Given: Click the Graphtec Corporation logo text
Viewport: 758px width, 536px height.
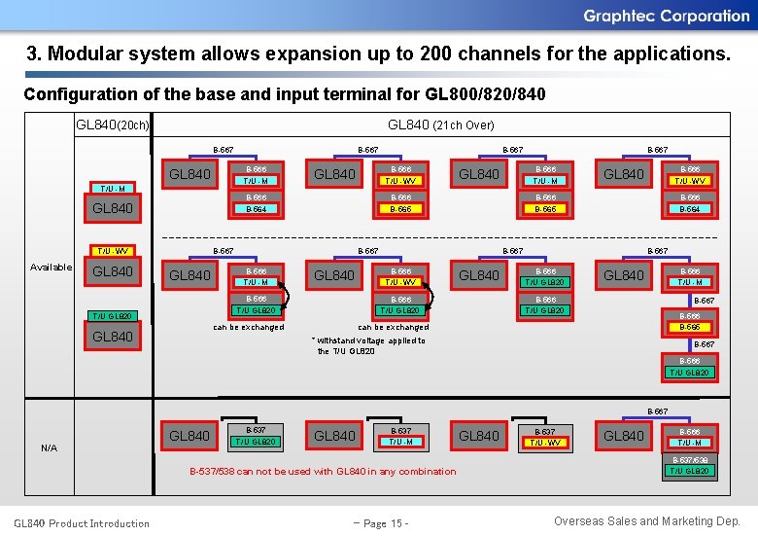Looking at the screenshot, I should tap(666, 16).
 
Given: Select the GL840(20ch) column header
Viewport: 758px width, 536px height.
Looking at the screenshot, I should tap(113, 125).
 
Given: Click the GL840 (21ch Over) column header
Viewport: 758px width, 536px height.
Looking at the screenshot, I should tap(440, 125).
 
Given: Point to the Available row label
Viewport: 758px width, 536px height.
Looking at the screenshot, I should tap(51, 267).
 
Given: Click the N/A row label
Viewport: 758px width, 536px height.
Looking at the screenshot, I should tap(49, 447).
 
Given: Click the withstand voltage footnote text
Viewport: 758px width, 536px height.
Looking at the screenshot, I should tap(369, 345).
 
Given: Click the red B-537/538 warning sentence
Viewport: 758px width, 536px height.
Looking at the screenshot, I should tap(322, 472).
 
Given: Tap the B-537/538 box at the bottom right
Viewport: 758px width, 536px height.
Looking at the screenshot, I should tap(689, 465).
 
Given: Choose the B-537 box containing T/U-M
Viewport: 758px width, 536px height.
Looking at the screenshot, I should tap(400, 436).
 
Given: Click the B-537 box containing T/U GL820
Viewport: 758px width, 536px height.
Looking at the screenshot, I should tap(256, 436).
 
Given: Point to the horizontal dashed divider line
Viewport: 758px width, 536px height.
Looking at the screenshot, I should tap(437, 237).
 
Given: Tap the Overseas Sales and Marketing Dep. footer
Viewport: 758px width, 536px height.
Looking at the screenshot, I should tap(646, 521).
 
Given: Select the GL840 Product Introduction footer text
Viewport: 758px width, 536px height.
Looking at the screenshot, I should tap(82, 523).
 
